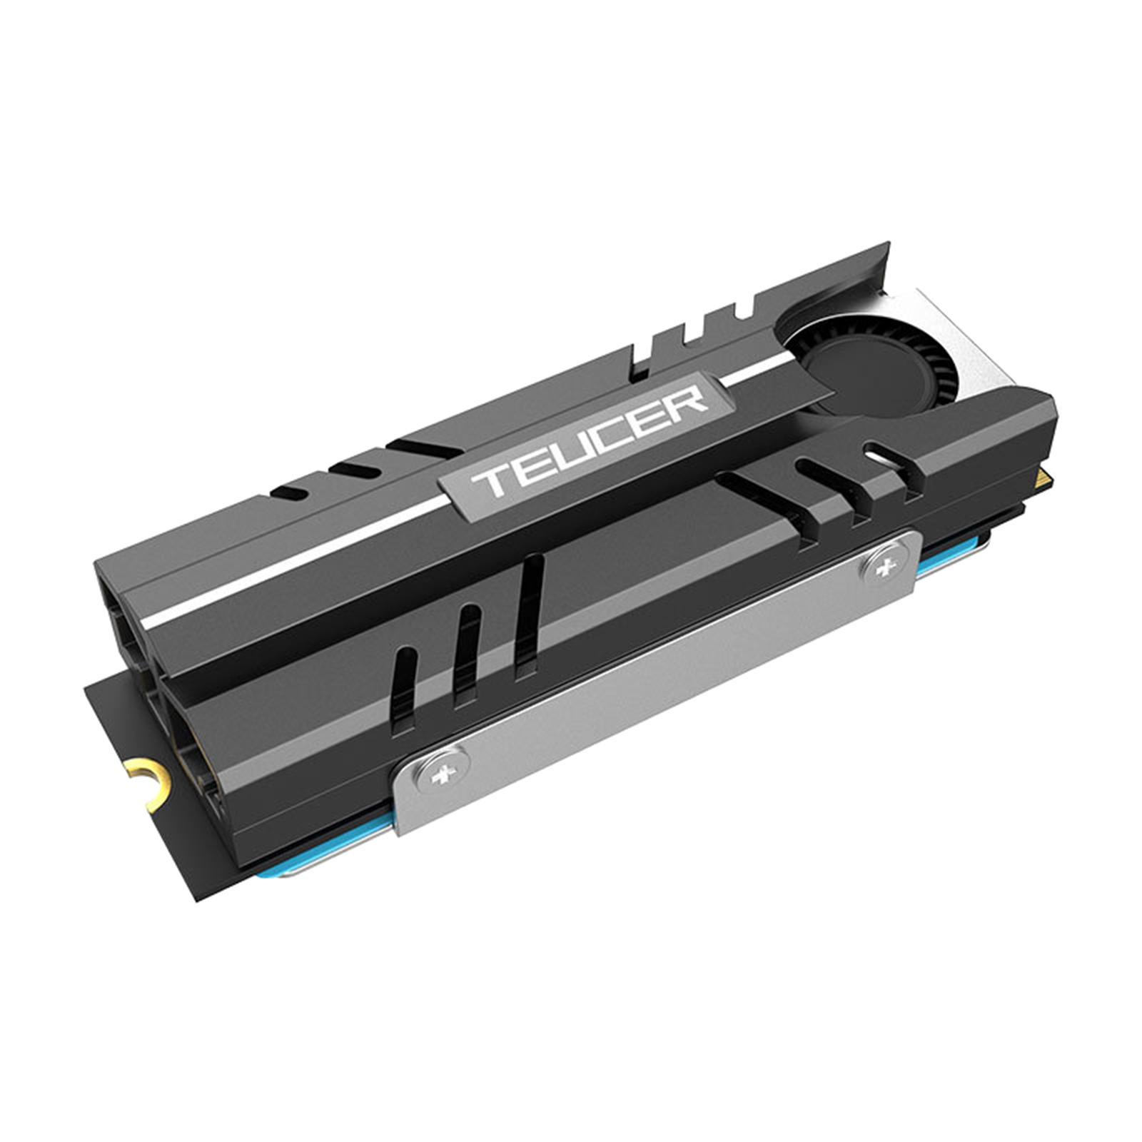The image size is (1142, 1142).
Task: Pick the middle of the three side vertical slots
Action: (x=468, y=642)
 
